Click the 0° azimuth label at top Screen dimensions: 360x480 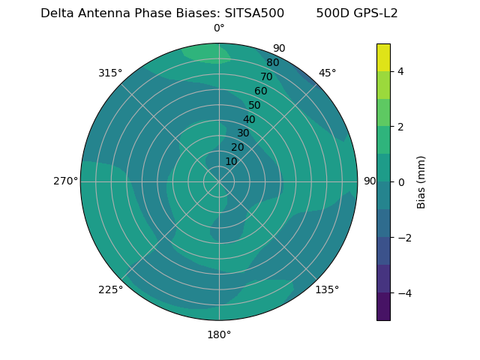point(219,28)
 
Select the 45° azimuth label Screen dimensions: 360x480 point(327,73)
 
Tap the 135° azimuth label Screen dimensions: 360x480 point(327,289)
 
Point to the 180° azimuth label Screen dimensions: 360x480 point(219,334)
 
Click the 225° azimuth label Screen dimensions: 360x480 point(110,289)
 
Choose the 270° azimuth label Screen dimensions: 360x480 point(65,181)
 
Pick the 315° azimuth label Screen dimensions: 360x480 point(110,73)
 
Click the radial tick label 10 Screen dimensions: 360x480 point(231,161)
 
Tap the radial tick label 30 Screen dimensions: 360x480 point(243,133)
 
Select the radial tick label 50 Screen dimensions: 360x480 point(255,106)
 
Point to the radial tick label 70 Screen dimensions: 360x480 point(266,77)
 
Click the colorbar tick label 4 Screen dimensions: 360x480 point(400,71)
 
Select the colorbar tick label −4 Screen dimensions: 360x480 point(403,293)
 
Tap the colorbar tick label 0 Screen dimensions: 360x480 point(400,182)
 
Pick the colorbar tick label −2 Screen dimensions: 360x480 point(403,238)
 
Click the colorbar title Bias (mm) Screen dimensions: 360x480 point(421,182)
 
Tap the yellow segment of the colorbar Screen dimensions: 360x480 point(383,57)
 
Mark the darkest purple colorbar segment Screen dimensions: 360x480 point(383,307)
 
